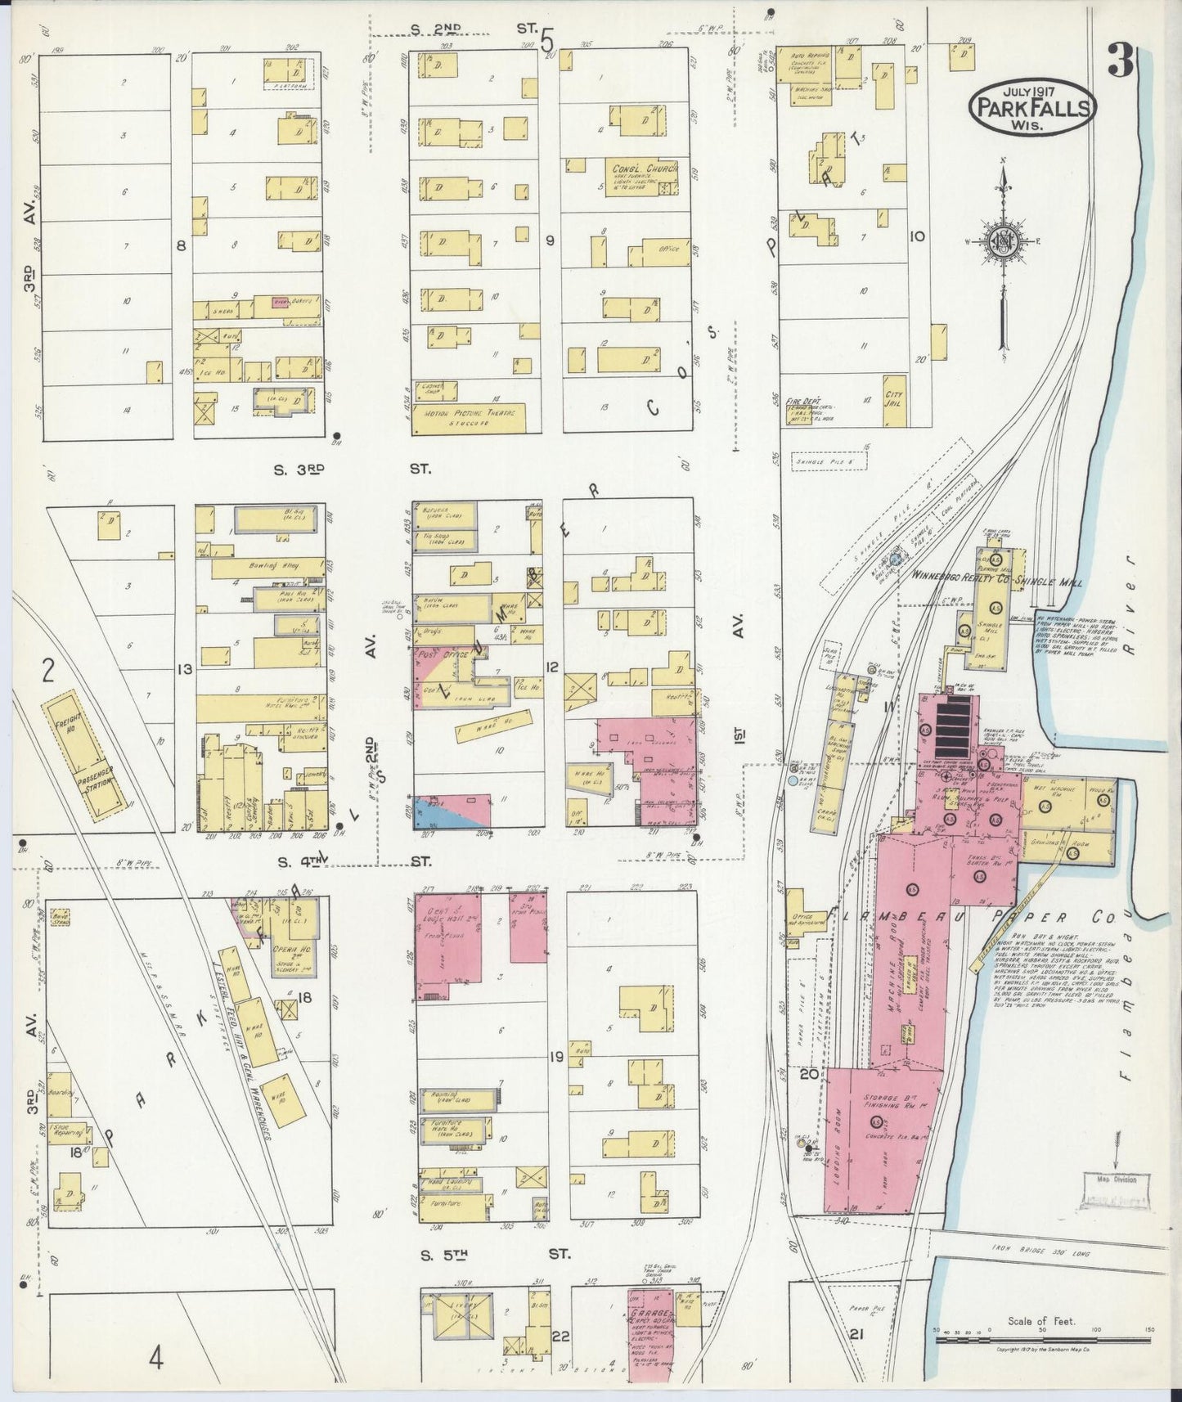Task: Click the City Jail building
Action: pyautogui.click(x=894, y=400)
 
